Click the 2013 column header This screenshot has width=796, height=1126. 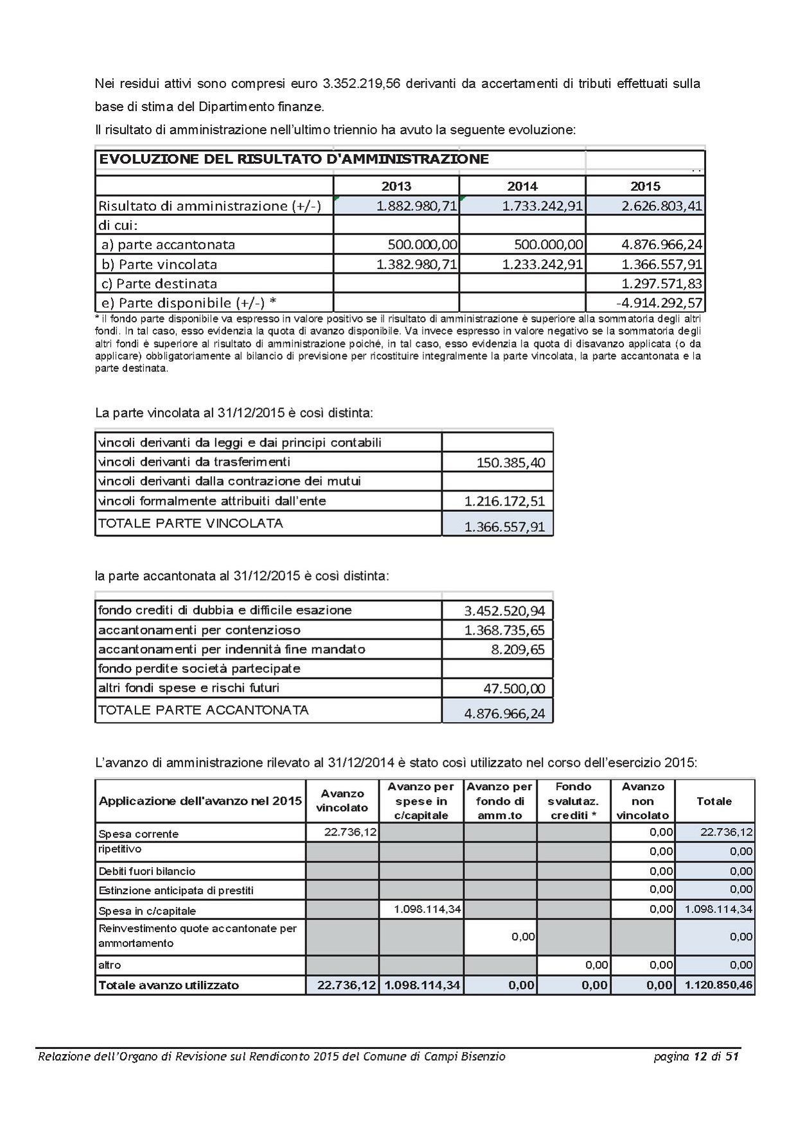point(396,186)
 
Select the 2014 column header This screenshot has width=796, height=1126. point(522,186)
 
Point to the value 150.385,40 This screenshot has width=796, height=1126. point(511,462)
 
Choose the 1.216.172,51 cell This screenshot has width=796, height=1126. point(504,501)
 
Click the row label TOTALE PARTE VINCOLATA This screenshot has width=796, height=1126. point(190,523)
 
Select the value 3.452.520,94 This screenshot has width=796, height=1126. point(504,611)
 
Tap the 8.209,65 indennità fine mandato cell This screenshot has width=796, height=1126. point(518,649)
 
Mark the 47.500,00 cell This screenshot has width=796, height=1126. point(514,689)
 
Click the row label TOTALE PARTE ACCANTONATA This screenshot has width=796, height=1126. point(203,710)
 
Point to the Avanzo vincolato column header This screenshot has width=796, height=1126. point(342,801)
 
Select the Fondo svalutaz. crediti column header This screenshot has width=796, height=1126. point(573,801)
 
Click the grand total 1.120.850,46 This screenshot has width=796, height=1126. point(718,985)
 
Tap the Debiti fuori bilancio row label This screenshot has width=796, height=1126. point(146,872)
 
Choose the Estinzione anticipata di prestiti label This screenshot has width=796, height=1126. point(176,891)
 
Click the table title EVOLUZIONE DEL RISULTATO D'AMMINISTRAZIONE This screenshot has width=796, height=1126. point(294,159)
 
